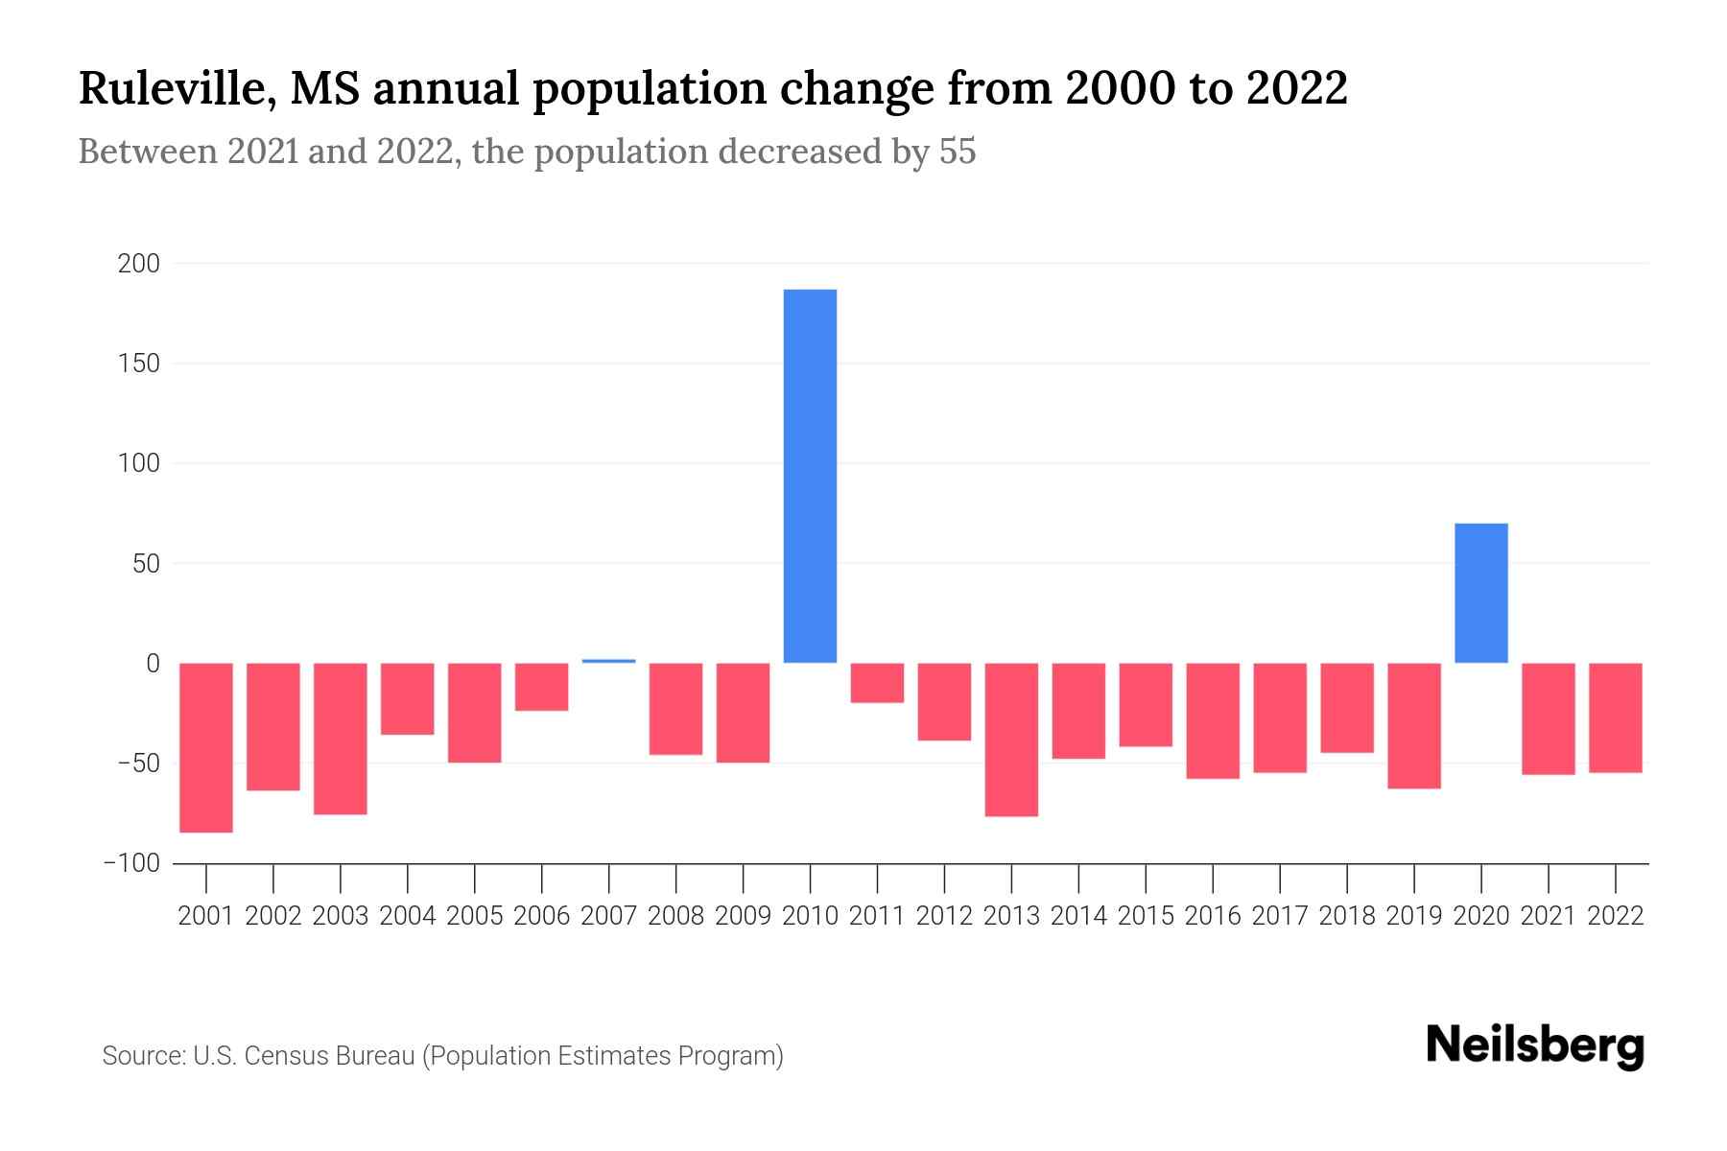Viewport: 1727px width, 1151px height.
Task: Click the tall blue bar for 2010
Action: tap(810, 476)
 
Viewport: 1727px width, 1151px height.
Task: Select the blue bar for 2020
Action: tap(1480, 593)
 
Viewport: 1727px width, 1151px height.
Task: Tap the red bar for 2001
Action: tap(206, 747)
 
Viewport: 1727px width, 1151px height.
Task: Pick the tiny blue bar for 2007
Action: tap(608, 661)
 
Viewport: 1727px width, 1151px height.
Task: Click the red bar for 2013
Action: tap(1011, 740)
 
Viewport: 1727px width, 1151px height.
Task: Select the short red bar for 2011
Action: tap(877, 683)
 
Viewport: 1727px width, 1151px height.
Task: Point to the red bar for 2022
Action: tap(1615, 717)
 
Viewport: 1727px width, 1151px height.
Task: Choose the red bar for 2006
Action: tap(541, 687)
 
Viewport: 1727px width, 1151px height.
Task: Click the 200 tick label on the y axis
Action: tap(138, 264)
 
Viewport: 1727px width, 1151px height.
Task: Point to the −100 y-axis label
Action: tap(131, 864)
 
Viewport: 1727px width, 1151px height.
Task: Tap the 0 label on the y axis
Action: tap(153, 664)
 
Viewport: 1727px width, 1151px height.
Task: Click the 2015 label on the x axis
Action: tap(1146, 916)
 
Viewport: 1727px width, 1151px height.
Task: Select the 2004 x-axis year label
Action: tap(408, 916)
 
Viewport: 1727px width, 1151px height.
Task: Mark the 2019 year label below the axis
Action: tap(1413, 916)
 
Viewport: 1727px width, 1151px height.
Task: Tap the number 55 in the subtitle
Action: tap(957, 152)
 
